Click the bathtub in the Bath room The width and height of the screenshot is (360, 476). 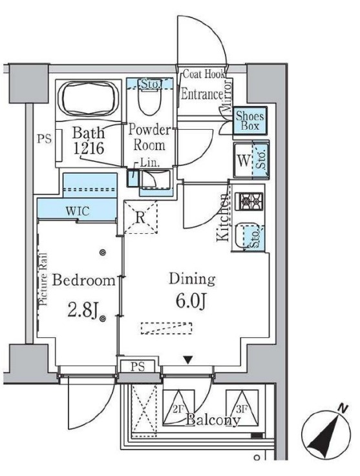coord(88,98)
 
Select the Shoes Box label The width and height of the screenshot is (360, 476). coord(249,121)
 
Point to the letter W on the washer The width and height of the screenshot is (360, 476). coord(244,160)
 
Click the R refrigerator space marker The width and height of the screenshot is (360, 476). coord(140,218)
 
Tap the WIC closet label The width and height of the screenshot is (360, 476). coord(78,211)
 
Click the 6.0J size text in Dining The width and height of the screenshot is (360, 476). coord(191,302)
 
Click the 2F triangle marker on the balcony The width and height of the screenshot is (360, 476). coord(178,408)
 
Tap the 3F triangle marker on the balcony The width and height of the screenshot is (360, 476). coord(242,408)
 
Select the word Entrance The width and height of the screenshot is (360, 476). coord(202,94)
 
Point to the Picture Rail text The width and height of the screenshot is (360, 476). coord(43,279)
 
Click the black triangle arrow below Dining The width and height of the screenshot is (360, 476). coord(188,360)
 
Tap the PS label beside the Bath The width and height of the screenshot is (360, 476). coord(44,139)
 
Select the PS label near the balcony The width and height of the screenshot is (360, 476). coord(138,367)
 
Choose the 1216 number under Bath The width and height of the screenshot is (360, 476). coord(89,148)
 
